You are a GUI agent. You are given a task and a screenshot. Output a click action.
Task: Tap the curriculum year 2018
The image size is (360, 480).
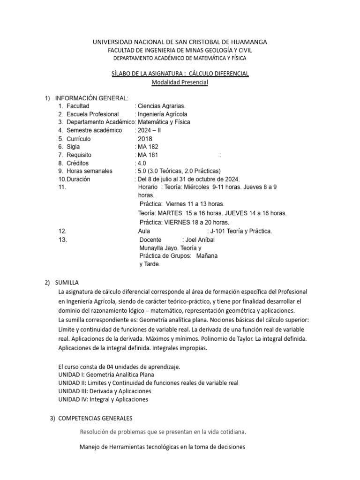[x=145, y=139]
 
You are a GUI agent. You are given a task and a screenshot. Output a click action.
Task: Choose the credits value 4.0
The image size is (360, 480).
[x=141, y=163]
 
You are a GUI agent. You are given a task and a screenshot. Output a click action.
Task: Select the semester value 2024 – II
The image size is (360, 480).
[x=149, y=130]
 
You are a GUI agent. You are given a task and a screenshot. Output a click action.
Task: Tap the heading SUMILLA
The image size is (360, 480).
[x=67, y=283]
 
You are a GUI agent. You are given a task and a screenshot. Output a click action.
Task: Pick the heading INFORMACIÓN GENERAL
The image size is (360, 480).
[x=91, y=98]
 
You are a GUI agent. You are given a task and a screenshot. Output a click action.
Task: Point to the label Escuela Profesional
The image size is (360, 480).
[x=92, y=114]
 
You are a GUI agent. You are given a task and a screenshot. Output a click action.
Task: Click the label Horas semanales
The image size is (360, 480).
[x=89, y=171]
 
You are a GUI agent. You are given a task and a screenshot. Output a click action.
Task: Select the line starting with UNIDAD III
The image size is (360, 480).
[x=104, y=391]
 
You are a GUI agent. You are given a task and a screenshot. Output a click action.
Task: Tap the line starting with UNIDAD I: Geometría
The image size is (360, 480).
[x=105, y=375]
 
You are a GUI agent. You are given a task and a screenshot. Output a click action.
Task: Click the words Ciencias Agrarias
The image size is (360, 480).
[x=158, y=106]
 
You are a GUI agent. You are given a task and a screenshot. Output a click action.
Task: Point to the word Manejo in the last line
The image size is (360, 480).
[x=92, y=447]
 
